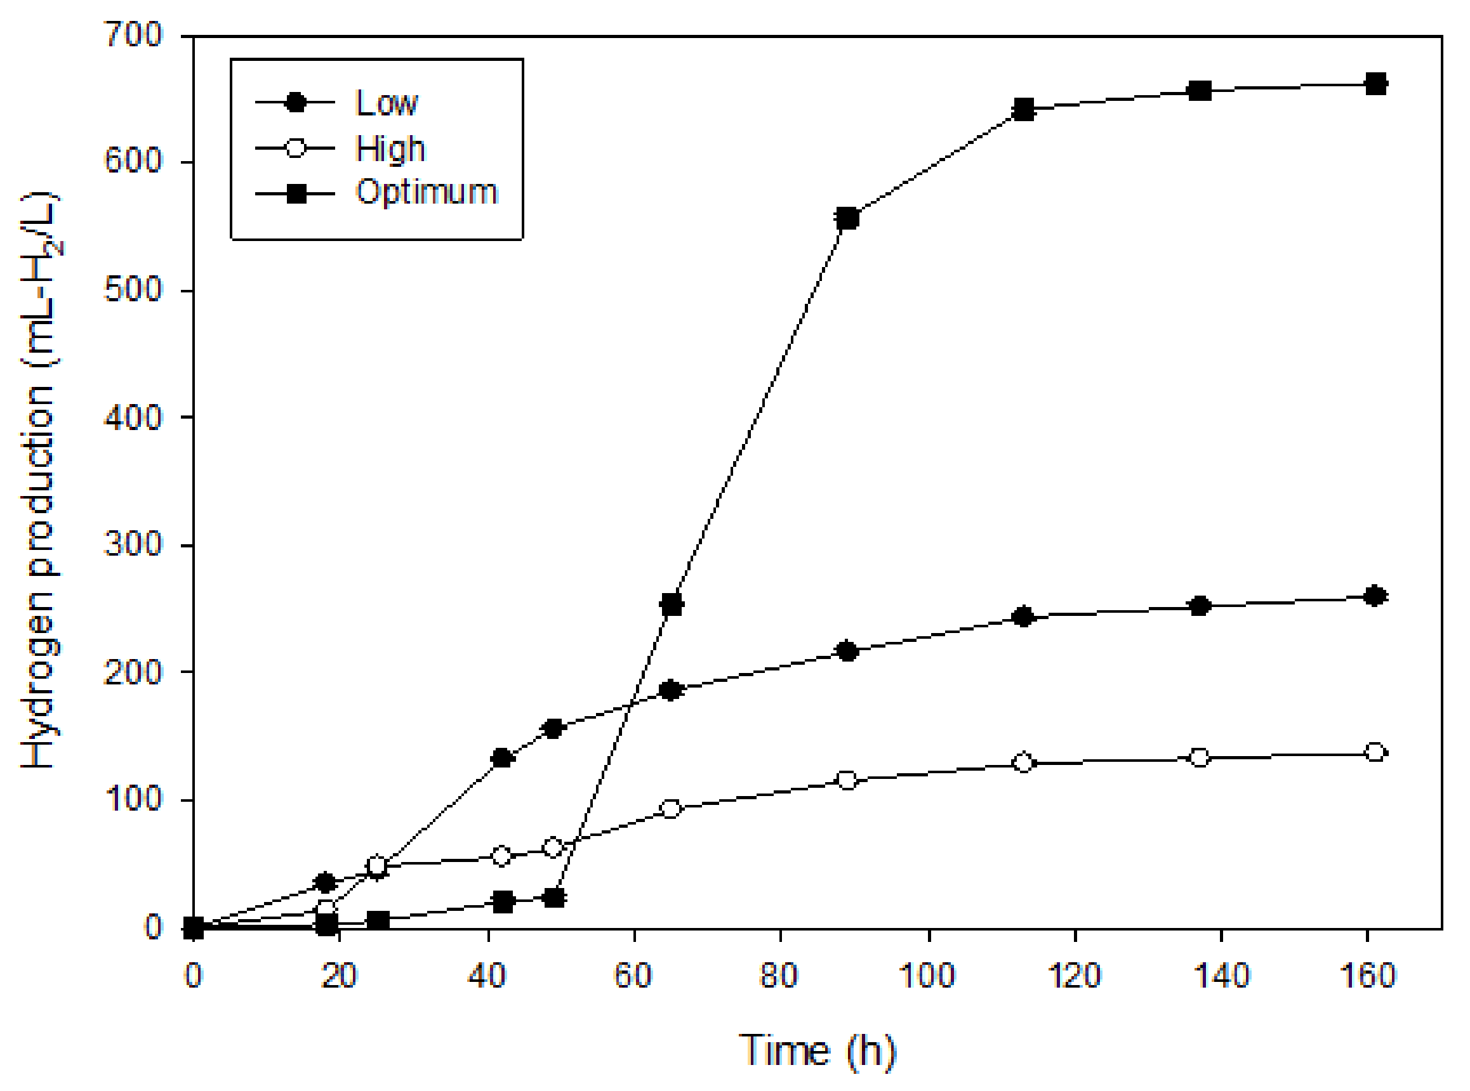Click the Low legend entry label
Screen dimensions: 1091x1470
pos(387,103)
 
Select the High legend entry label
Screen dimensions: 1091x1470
pos(390,148)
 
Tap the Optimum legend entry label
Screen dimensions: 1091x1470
pos(426,192)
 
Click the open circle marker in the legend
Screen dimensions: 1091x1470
pos(296,147)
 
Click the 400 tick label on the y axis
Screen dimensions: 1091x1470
pos(134,417)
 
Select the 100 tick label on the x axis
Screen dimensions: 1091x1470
pos(927,976)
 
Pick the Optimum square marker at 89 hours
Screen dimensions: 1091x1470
pos(847,218)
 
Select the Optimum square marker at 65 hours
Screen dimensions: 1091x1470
pos(672,604)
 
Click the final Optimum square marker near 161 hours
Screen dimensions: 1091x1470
pos(1375,84)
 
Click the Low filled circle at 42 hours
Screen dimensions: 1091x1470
pos(502,758)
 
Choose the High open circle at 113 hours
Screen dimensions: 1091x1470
pos(1023,763)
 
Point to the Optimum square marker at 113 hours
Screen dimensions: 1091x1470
pos(1023,109)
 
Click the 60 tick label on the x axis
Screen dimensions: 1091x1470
pos(633,976)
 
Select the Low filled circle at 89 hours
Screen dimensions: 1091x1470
pos(847,651)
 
